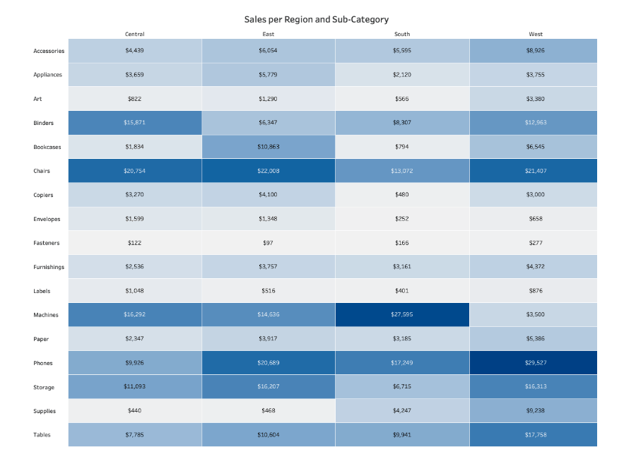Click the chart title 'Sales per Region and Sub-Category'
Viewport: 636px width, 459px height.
317,20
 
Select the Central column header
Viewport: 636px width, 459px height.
134,34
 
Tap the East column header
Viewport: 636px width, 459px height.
268,34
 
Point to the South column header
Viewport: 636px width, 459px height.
401,34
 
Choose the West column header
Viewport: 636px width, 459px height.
535,34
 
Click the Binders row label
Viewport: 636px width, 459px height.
43,123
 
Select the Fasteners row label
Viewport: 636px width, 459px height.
47,243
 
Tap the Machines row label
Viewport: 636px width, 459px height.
46,315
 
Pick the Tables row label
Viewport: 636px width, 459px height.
42,435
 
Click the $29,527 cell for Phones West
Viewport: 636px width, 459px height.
535,363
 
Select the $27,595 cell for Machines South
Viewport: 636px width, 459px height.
401,315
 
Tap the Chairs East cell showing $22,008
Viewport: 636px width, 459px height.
268,171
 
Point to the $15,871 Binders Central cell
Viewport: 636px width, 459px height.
134,123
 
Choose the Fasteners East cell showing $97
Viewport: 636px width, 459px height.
268,243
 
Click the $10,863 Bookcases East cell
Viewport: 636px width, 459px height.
268,147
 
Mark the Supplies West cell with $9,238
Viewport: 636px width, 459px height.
535,411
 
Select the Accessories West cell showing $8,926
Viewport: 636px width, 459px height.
535,51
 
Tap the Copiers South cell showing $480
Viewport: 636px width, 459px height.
401,195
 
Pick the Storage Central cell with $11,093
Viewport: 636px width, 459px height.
134,387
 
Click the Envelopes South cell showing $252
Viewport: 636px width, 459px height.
401,219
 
